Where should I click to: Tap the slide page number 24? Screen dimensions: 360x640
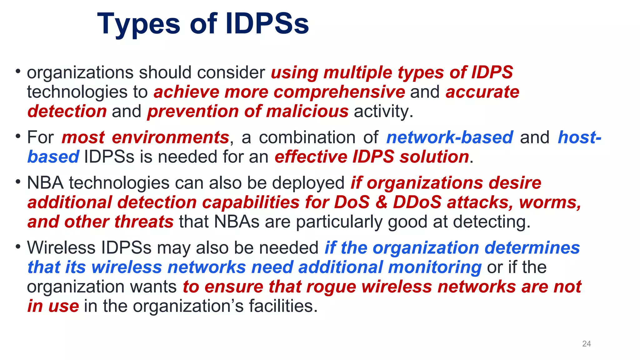coord(586,344)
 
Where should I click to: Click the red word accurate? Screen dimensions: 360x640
coord(482,92)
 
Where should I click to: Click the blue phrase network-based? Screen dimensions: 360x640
coord(450,137)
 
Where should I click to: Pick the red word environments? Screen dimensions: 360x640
coord(171,137)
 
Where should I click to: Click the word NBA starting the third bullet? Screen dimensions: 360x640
coord(45,183)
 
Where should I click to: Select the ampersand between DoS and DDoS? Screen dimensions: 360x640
coord(381,202)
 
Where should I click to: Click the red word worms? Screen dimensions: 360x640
coord(550,202)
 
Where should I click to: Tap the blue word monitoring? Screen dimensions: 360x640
coord(435,267)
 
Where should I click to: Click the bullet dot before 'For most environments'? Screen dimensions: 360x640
coord(18,137)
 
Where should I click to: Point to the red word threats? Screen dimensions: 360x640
coord(144,222)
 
